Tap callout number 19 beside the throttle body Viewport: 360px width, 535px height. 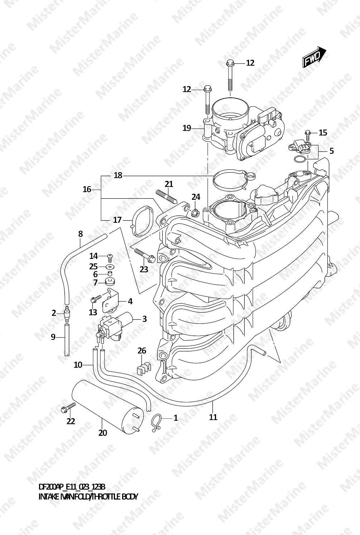pos(187,128)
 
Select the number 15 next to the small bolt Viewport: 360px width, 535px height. pos(323,132)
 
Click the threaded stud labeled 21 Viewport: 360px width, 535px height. pos(167,196)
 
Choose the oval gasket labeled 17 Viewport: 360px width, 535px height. pos(142,221)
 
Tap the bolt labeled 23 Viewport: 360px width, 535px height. pos(145,255)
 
